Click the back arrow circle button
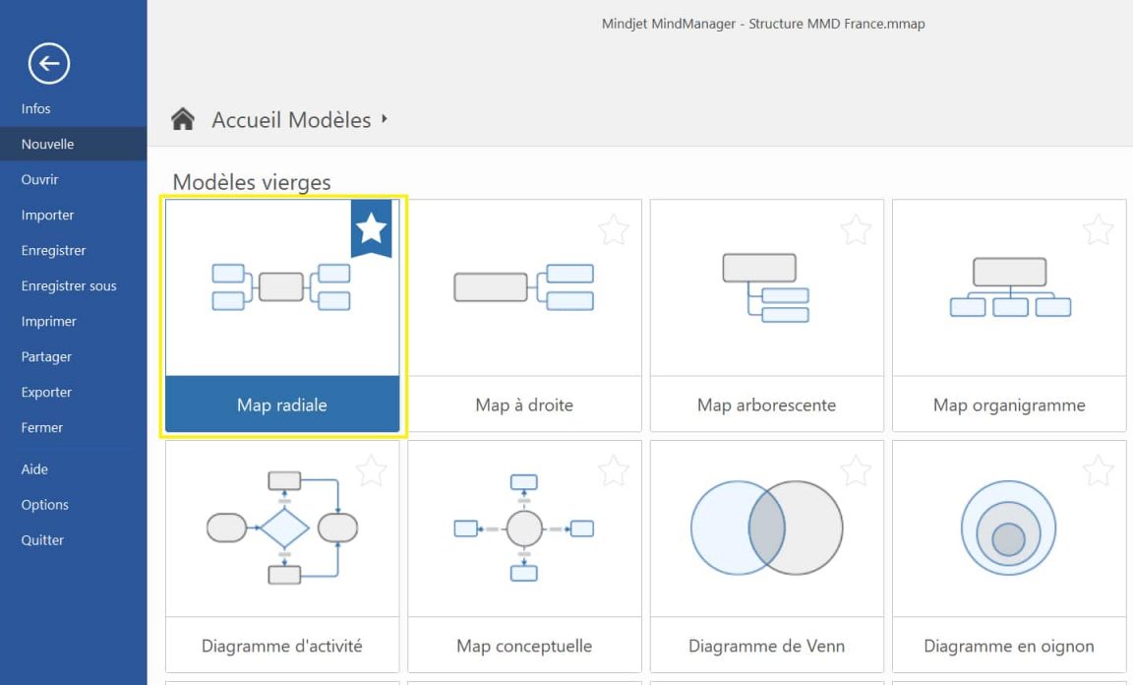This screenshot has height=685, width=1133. [x=49, y=64]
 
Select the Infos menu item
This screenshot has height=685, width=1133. [x=35, y=108]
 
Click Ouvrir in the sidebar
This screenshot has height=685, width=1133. [x=39, y=179]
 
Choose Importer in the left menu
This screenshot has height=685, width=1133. [x=47, y=215]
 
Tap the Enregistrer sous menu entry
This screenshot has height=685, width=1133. [x=69, y=285]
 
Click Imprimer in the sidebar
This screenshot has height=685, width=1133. [x=48, y=321]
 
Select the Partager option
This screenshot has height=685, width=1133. [x=46, y=356]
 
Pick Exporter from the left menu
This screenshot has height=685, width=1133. [x=46, y=392]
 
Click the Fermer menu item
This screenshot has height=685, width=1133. [x=41, y=427]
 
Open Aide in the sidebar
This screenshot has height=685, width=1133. [x=34, y=469]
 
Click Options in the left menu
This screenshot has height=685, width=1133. [x=44, y=505]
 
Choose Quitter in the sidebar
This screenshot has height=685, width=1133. [x=42, y=540]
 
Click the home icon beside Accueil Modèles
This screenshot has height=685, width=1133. [x=183, y=120]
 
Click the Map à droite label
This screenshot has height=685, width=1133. [x=523, y=405]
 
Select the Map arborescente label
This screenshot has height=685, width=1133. [x=766, y=405]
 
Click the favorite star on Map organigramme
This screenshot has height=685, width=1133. [x=1098, y=230]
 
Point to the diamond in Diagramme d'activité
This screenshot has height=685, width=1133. [x=284, y=529]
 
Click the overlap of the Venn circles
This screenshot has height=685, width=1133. [x=767, y=529]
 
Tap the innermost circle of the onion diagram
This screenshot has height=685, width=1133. [x=1008, y=538]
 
